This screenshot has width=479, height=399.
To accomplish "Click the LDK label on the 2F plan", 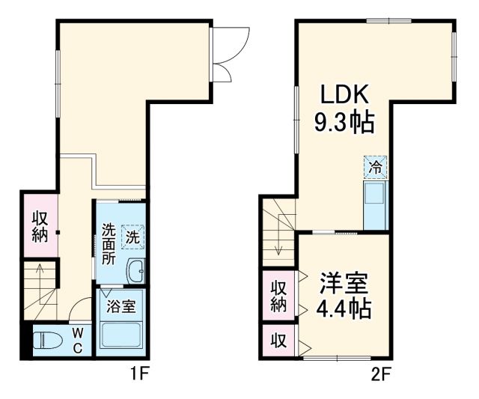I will (x=345, y=95).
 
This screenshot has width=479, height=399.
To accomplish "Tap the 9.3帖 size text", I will (x=345, y=122).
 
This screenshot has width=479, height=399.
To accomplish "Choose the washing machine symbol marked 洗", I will (x=132, y=239).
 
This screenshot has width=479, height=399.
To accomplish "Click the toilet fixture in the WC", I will (x=48, y=341).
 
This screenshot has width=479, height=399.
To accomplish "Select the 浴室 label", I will (x=120, y=305).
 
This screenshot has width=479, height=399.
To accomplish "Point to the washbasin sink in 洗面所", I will (x=136, y=271).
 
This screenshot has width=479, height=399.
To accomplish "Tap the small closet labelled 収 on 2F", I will (x=278, y=341).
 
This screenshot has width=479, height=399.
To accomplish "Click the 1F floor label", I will (x=140, y=372).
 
